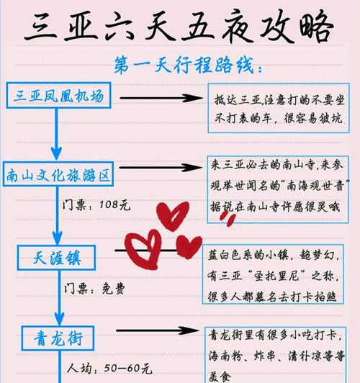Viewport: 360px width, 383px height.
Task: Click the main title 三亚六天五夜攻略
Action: pos(179,27)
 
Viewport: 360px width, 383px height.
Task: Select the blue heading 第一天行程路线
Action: pos(189,65)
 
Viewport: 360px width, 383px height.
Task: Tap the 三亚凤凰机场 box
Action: pos(58,95)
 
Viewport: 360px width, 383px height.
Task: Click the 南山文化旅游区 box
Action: pos(58,174)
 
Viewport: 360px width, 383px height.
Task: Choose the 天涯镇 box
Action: pos(56,258)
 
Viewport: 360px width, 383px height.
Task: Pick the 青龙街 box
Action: pos(58,338)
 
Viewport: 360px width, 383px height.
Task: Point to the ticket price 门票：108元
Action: pos(96,204)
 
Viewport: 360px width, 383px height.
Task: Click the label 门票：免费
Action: pos(94,289)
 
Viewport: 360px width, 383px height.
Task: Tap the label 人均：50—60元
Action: pos(109,369)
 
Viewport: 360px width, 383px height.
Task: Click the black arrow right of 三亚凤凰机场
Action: pos(161,98)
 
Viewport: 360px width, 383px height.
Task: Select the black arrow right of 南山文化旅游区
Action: pos(161,167)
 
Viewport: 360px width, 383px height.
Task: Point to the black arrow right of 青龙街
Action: pos(157,330)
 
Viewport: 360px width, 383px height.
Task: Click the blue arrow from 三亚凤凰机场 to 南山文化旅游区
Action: pos(56,135)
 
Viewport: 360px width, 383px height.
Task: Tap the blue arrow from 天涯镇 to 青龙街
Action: pos(59,298)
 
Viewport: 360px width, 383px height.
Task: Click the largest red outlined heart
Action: pos(143,249)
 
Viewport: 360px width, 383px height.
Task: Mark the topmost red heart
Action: pos(173,216)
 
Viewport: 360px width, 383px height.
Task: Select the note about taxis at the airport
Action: pos(279,108)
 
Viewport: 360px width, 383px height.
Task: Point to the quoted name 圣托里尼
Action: pos(276,276)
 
